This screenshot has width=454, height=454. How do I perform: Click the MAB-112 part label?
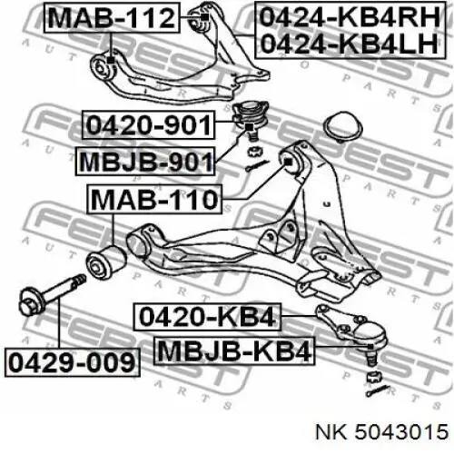pos(112,17)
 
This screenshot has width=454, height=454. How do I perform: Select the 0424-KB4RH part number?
pos(350,17)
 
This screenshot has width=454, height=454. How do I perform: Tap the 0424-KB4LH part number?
pos(350,44)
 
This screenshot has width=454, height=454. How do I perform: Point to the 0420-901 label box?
pos(148,124)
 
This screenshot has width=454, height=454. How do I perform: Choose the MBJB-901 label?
pos(145,162)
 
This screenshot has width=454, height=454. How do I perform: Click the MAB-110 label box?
pos(154,199)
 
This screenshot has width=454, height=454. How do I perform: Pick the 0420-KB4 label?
pos(207,317)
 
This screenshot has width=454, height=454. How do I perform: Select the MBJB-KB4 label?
pos(234,350)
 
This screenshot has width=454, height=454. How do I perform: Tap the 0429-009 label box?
pos(73,362)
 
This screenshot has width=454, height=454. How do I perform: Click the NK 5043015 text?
pos(382,431)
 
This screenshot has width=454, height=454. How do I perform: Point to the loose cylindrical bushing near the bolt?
pos(106,262)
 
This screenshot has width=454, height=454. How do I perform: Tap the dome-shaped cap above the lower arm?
pos(343,127)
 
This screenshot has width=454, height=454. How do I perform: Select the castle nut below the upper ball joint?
pos(253,151)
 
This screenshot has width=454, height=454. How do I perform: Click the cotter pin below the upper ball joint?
pos(257,166)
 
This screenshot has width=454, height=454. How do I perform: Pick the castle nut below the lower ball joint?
pos(373,377)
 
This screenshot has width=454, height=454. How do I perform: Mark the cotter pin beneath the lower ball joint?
pos(377,390)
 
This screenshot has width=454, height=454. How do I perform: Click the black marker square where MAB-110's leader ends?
pos(289,163)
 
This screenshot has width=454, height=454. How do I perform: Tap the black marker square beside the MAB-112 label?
pos(205,17)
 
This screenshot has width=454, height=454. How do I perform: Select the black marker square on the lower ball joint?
pos(370,346)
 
